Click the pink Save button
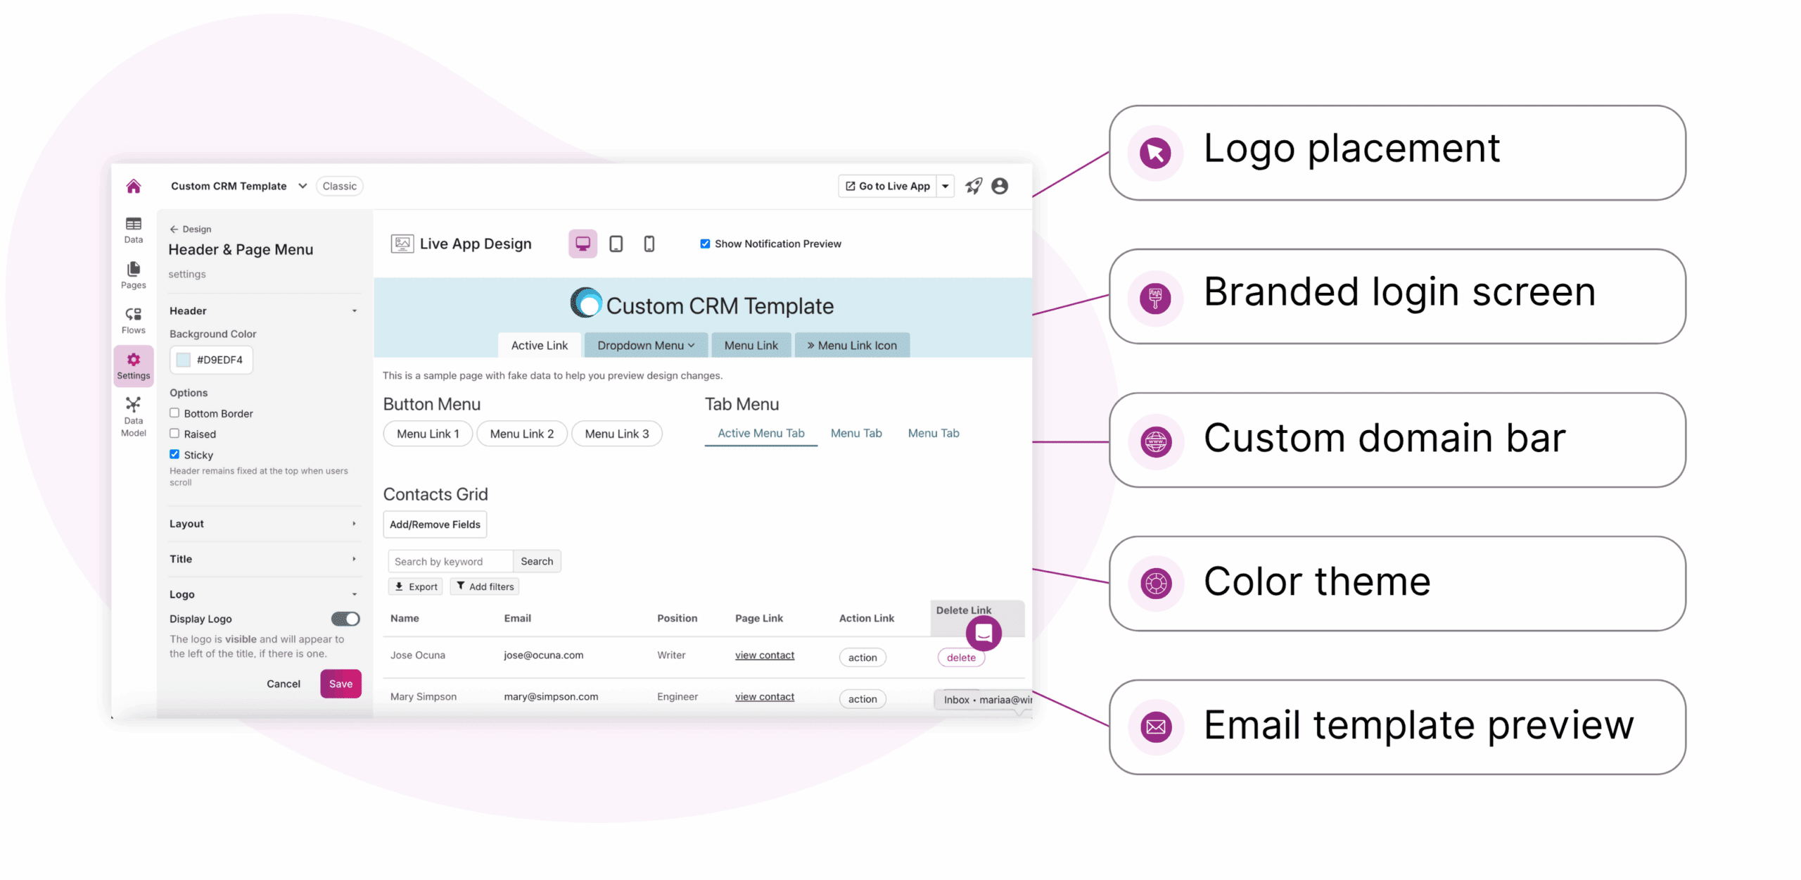coord(341,683)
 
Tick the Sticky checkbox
coord(174,454)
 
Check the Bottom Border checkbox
coord(174,413)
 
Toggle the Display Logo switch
coord(345,618)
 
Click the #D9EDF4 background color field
coord(211,360)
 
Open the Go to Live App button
coord(887,186)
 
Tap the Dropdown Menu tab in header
coord(645,345)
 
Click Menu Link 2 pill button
coord(521,434)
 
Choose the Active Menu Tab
coord(761,433)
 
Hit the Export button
coord(416,586)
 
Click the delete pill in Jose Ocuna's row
coord(960,658)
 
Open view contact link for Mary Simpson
coord(764,696)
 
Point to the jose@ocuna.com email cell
coord(543,655)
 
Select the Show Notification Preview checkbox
coord(704,244)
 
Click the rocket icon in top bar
coord(973,186)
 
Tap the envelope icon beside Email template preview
coord(1155,726)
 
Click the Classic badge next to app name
coord(339,186)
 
